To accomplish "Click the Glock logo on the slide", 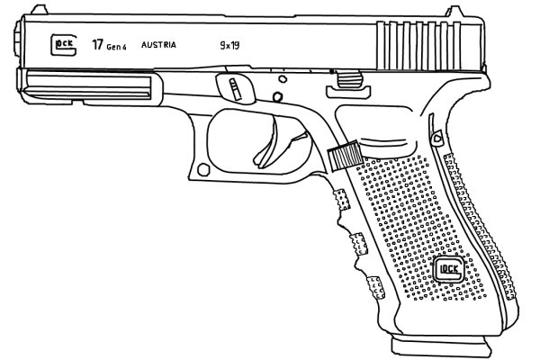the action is click(x=63, y=45).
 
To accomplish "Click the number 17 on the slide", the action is click(x=97, y=45).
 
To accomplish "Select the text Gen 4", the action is click(x=116, y=47).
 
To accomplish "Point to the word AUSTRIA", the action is click(x=158, y=45).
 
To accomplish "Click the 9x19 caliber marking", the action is click(x=229, y=45).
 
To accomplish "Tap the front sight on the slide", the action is click(x=39, y=10).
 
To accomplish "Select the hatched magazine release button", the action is click(x=345, y=155).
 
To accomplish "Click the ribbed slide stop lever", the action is click(x=348, y=85).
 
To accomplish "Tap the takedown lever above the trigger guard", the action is click(x=236, y=87).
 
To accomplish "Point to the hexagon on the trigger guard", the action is click(x=203, y=170).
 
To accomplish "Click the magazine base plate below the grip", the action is click(x=441, y=346).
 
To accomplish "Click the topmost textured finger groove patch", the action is click(x=342, y=200).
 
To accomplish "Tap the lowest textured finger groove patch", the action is click(x=375, y=287).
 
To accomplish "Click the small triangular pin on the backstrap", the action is click(x=436, y=138).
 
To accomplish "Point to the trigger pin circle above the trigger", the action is click(x=277, y=97).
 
